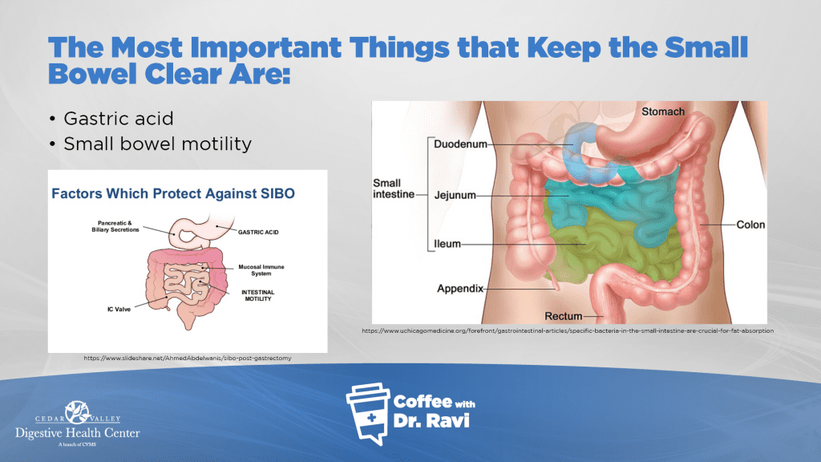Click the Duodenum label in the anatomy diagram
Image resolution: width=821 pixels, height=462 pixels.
pyautogui.click(x=460, y=144)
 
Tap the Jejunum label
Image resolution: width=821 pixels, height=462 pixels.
pyautogui.click(x=455, y=196)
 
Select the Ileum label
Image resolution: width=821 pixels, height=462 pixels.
pyautogui.click(x=447, y=244)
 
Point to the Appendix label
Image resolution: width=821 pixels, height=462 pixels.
pyautogui.click(x=460, y=289)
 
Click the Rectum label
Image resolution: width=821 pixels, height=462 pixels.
pyautogui.click(x=564, y=316)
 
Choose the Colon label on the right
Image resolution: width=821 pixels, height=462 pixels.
pyautogui.click(x=750, y=225)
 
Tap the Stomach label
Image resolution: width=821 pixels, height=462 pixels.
pyautogui.click(x=663, y=111)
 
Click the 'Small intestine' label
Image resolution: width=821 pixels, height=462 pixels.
pyautogui.click(x=393, y=188)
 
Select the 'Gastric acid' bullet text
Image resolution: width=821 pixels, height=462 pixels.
pyautogui.click(x=119, y=119)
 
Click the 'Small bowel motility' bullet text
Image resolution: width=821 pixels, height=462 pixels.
pyautogui.click(x=158, y=144)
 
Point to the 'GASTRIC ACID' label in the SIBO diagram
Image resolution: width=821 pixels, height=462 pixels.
pyautogui.click(x=258, y=232)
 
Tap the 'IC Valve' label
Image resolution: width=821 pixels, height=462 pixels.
pyautogui.click(x=119, y=309)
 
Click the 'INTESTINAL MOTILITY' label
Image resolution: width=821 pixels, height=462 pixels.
pyautogui.click(x=257, y=295)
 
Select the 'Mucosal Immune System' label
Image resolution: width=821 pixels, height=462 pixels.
pyautogui.click(x=261, y=269)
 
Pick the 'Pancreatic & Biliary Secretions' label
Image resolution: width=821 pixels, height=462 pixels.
pyautogui.click(x=115, y=226)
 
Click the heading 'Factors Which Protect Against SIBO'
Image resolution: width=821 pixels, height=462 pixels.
pyautogui.click(x=173, y=194)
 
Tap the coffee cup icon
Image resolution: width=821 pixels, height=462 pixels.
pyautogui.click(x=368, y=414)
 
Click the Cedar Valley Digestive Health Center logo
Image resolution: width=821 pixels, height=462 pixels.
pyautogui.click(x=78, y=423)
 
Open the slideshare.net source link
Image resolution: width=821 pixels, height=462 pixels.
pyautogui.click(x=188, y=359)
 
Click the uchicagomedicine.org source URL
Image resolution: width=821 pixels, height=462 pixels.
pyautogui.click(x=568, y=330)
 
